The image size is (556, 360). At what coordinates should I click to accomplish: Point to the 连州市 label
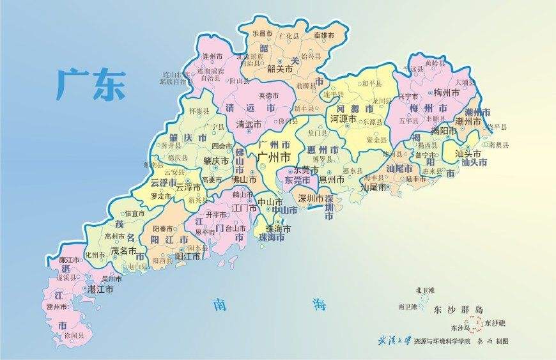tap(212, 56)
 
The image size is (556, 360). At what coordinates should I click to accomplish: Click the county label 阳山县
tap(238, 81)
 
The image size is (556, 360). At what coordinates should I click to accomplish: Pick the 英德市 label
tap(268, 96)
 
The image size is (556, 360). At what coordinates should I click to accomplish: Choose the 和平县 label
tap(371, 83)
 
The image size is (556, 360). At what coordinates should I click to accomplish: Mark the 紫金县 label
tap(377, 139)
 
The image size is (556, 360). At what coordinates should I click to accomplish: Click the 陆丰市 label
tap(416, 180)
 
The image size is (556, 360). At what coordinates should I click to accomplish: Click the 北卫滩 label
tap(424, 290)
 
